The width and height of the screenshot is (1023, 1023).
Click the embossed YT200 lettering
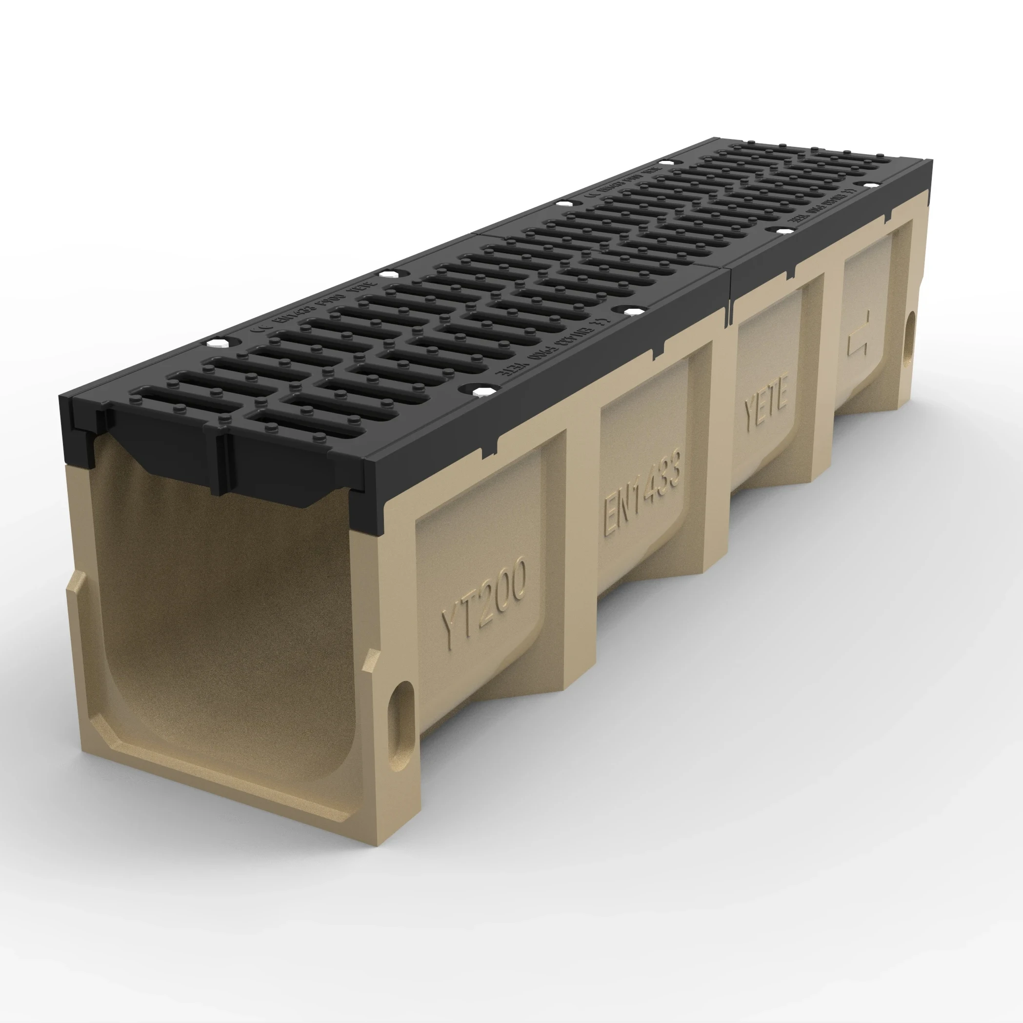(x=484, y=605)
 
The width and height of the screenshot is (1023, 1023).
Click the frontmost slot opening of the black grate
(x=175, y=401)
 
